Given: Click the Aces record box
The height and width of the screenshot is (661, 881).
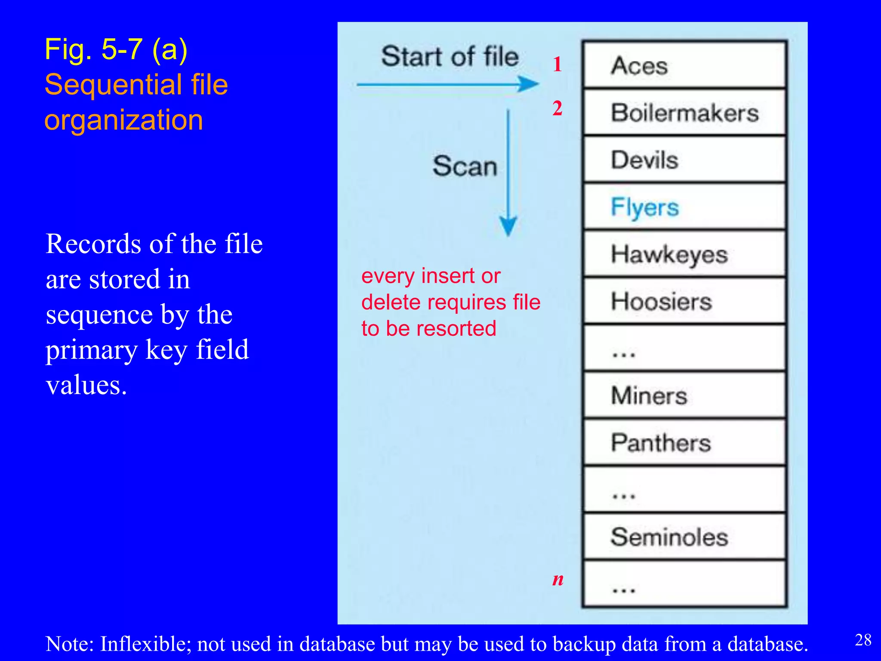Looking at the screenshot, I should (x=684, y=65).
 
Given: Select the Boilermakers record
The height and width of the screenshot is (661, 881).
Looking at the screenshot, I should (x=684, y=113).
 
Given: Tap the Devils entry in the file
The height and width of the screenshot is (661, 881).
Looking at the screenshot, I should (x=684, y=160).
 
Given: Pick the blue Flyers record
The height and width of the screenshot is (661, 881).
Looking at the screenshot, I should (x=684, y=207).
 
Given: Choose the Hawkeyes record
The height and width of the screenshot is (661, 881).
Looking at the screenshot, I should (x=684, y=254).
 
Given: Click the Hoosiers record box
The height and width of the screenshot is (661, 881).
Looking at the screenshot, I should (x=684, y=301).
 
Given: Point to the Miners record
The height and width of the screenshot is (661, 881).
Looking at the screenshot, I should (x=684, y=395).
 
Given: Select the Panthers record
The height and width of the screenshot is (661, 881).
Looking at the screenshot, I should (x=684, y=443).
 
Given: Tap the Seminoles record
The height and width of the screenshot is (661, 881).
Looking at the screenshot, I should (x=684, y=537).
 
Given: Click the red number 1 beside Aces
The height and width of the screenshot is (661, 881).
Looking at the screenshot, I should (x=558, y=65).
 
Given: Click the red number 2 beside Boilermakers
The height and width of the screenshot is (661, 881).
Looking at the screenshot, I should (x=558, y=108).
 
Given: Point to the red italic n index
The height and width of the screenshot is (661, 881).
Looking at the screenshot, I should (x=558, y=579).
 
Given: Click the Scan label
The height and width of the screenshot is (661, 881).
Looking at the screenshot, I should (x=465, y=166).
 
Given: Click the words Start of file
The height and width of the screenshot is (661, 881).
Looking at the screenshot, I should (x=450, y=56).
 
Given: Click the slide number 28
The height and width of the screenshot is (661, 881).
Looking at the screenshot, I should (x=863, y=640).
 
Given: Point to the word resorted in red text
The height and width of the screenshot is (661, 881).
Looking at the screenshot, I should (x=453, y=329).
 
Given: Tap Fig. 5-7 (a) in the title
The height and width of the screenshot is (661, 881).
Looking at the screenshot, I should (x=116, y=49).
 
